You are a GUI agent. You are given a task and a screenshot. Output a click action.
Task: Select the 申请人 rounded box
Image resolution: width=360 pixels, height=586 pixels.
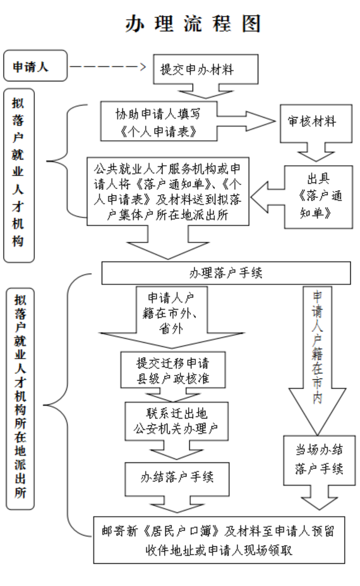pyautogui.click(x=35, y=66)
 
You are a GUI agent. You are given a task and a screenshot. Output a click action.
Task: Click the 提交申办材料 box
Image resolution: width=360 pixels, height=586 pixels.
pyautogui.click(x=205, y=69)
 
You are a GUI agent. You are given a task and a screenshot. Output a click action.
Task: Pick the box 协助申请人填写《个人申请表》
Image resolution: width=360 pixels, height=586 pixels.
pyautogui.click(x=159, y=122)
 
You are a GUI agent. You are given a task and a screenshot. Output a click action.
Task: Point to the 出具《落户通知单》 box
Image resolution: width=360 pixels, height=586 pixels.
pyautogui.click(x=318, y=197)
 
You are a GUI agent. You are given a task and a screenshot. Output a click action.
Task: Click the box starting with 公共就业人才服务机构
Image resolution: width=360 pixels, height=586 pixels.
pyautogui.click(x=168, y=191)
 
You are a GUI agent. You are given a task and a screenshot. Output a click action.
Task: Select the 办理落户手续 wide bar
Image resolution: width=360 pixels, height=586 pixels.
pyautogui.click(x=226, y=273)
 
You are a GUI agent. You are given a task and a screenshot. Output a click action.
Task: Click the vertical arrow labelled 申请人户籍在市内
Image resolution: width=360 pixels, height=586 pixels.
pyautogui.click(x=317, y=360)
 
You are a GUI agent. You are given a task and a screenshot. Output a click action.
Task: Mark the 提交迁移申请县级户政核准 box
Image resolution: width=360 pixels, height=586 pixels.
pyautogui.click(x=173, y=370)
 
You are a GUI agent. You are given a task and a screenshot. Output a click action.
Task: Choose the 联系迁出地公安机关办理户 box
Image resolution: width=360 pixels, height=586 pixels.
pyautogui.click(x=176, y=421)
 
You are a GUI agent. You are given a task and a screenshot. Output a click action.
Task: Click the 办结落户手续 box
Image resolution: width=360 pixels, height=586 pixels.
pyautogui.click(x=177, y=478)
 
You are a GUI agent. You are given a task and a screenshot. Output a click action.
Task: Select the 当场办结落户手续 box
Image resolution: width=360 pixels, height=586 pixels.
pyautogui.click(x=319, y=460)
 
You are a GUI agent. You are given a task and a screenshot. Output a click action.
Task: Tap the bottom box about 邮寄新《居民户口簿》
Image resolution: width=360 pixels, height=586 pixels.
pyautogui.click(x=219, y=540)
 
